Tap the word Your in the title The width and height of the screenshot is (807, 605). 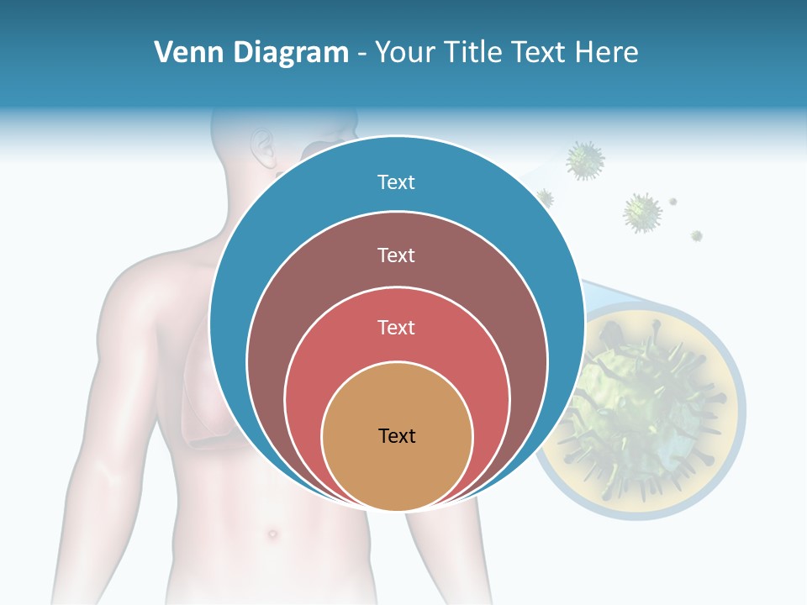pos(406,53)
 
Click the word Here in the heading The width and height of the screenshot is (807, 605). pos(606,53)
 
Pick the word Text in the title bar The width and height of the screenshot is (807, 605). pos(540,53)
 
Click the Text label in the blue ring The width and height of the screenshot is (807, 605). pos(396,182)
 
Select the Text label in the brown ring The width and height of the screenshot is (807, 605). pos(396,255)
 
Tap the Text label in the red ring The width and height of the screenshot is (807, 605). pos(396,327)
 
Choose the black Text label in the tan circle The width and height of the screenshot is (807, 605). pos(397,435)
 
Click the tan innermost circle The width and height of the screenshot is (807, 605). pos(397,471)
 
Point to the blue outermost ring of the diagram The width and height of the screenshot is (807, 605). pos(252,252)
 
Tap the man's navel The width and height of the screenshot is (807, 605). pos(272,534)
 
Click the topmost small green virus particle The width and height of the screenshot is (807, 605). pos(585,160)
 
